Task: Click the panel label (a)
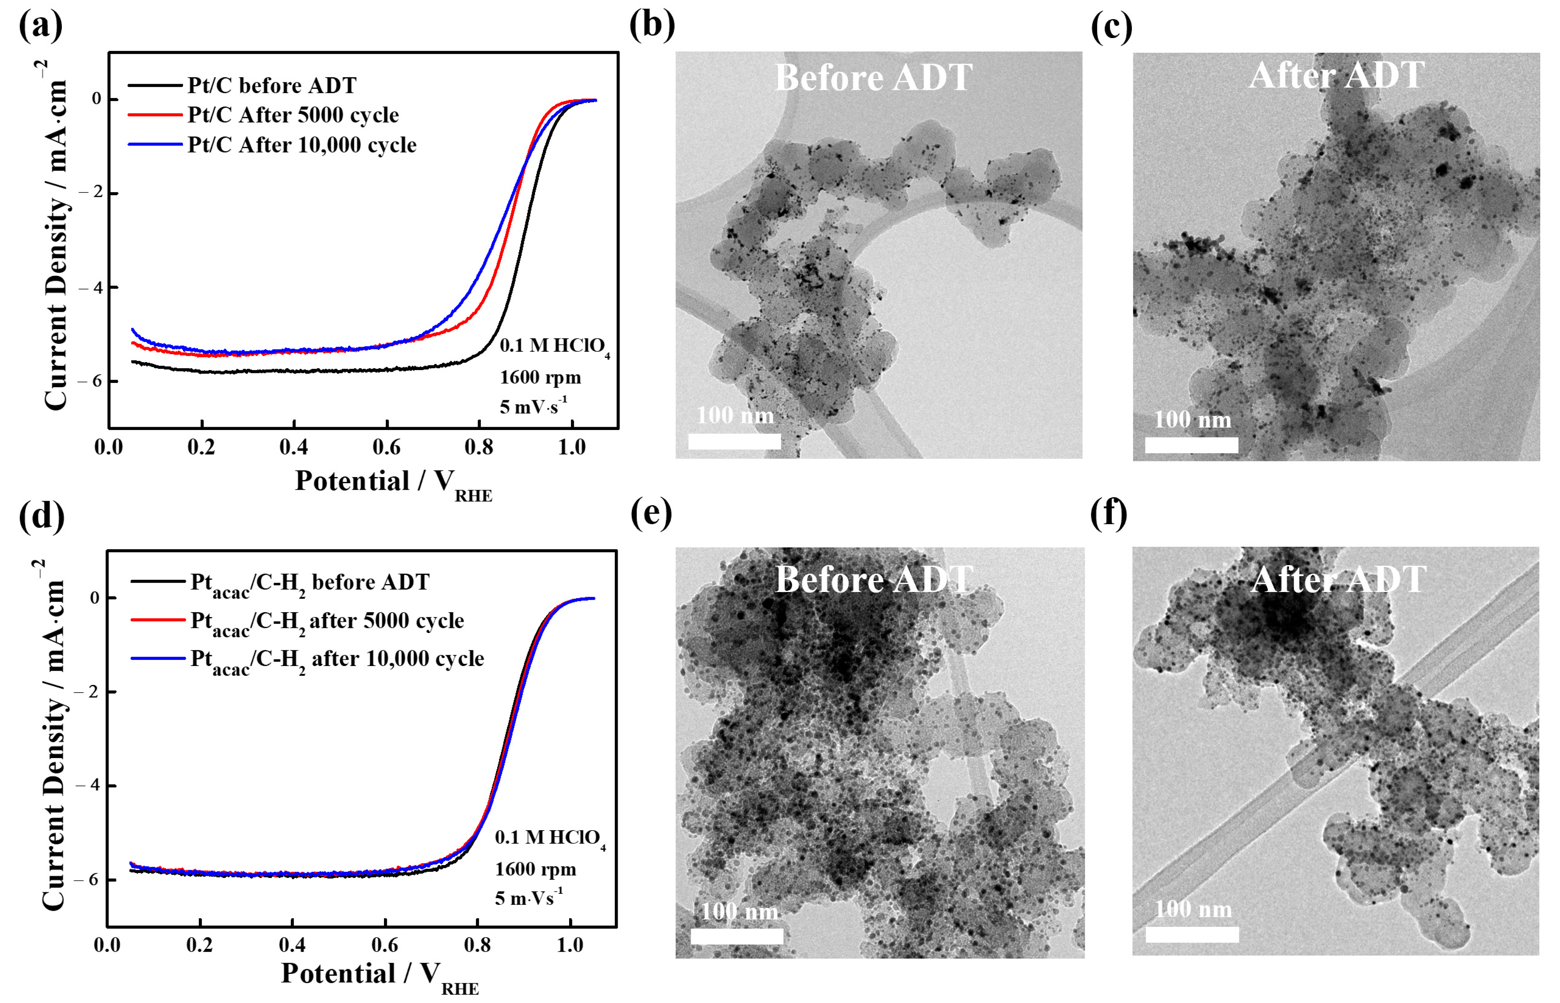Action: [40, 26]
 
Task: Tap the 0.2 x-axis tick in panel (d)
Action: [200, 945]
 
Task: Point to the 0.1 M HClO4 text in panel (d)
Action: [549, 838]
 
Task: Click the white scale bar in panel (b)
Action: [735, 442]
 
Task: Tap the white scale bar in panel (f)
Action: [1192, 934]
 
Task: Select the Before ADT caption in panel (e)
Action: [874, 579]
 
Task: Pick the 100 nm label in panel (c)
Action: [1193, 420]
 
